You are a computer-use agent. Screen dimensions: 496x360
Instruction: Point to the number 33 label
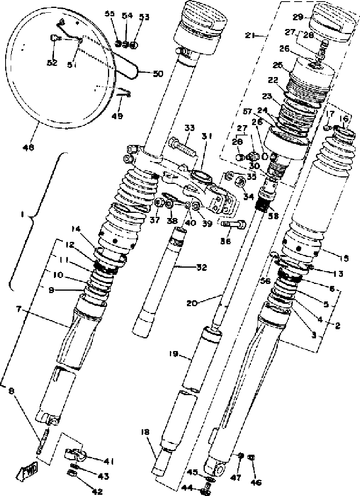click(x=190, y=128)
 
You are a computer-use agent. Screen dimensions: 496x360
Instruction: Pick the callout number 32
click(x=202, y=267)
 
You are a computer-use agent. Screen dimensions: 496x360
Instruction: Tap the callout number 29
click(x=298, y=17)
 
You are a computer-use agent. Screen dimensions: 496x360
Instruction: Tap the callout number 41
click(x=109, y=461)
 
